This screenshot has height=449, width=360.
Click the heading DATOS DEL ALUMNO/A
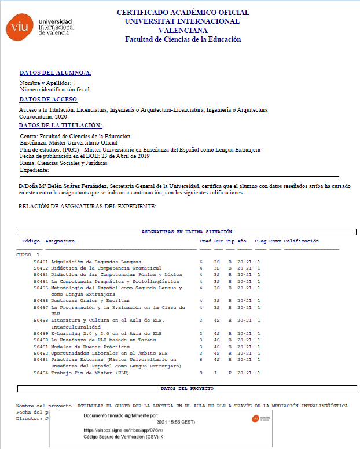56,73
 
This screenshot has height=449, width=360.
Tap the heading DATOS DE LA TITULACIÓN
60,125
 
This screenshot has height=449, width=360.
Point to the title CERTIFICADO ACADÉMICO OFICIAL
183,12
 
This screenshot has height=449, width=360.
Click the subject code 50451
41,262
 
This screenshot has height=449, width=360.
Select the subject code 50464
41,373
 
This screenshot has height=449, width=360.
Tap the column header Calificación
302,241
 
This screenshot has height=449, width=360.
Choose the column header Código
31,241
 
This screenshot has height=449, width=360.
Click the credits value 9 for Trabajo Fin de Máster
201,373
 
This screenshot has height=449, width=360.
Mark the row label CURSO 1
28,255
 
